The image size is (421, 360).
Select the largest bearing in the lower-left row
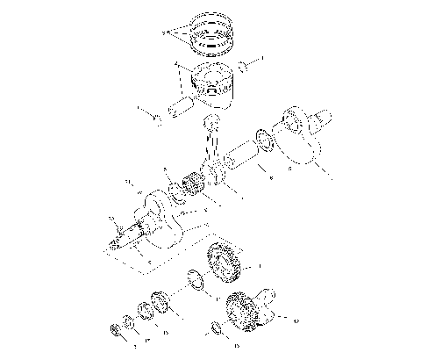160,301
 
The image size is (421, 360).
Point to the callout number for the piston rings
164,32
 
